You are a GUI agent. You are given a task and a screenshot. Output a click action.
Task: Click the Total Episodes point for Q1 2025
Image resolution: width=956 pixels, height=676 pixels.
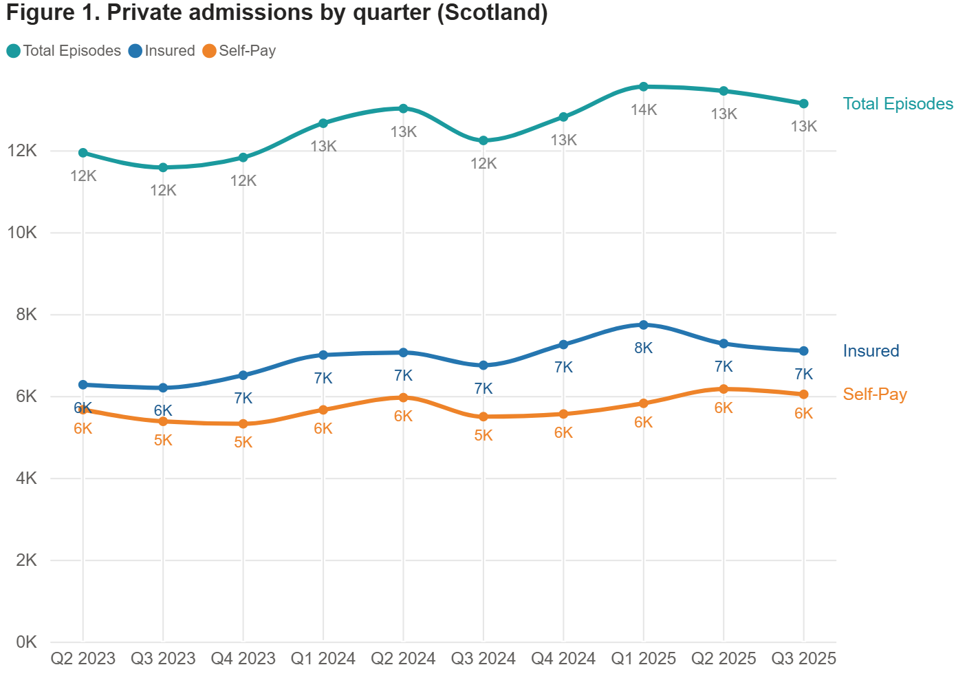644,87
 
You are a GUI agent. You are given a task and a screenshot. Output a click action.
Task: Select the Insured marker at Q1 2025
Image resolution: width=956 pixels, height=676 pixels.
644,325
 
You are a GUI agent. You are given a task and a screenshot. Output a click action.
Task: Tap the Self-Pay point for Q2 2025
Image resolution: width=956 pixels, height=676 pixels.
724,389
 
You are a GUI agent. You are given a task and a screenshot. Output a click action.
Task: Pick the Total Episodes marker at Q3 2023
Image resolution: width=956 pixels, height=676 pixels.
163,167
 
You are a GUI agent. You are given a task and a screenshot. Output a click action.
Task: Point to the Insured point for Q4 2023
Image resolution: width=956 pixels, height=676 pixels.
243,375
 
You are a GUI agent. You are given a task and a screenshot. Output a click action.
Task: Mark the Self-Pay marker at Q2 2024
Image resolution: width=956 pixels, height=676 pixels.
403,397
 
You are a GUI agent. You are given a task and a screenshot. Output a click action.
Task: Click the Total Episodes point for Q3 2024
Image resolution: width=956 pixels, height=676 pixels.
484,140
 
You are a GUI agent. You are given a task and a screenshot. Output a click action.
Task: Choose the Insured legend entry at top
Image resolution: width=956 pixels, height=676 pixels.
162,51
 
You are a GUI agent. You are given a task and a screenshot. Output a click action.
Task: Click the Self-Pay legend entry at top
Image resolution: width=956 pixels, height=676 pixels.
240,51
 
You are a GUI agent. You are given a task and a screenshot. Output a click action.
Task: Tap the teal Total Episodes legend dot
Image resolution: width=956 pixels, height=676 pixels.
13,51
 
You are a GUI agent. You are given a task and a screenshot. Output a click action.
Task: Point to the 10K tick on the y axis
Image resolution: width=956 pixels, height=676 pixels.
22,233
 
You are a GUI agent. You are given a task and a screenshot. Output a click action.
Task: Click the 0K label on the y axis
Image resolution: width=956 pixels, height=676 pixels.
26,642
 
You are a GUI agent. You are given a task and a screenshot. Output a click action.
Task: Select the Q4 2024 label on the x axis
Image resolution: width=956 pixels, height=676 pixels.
563,659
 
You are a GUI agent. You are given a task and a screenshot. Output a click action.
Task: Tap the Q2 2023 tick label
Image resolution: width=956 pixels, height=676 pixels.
83,659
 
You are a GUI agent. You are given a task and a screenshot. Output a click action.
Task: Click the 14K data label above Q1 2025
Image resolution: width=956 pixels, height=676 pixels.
644,109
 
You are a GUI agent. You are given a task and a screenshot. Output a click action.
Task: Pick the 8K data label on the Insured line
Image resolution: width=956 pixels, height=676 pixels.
643,348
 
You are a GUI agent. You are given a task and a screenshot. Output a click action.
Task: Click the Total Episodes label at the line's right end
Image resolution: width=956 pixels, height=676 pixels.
898,104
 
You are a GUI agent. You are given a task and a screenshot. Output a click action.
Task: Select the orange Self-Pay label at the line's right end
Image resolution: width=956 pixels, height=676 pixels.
875,394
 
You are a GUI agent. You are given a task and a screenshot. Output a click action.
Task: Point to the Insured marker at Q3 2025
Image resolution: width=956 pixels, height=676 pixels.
803,351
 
